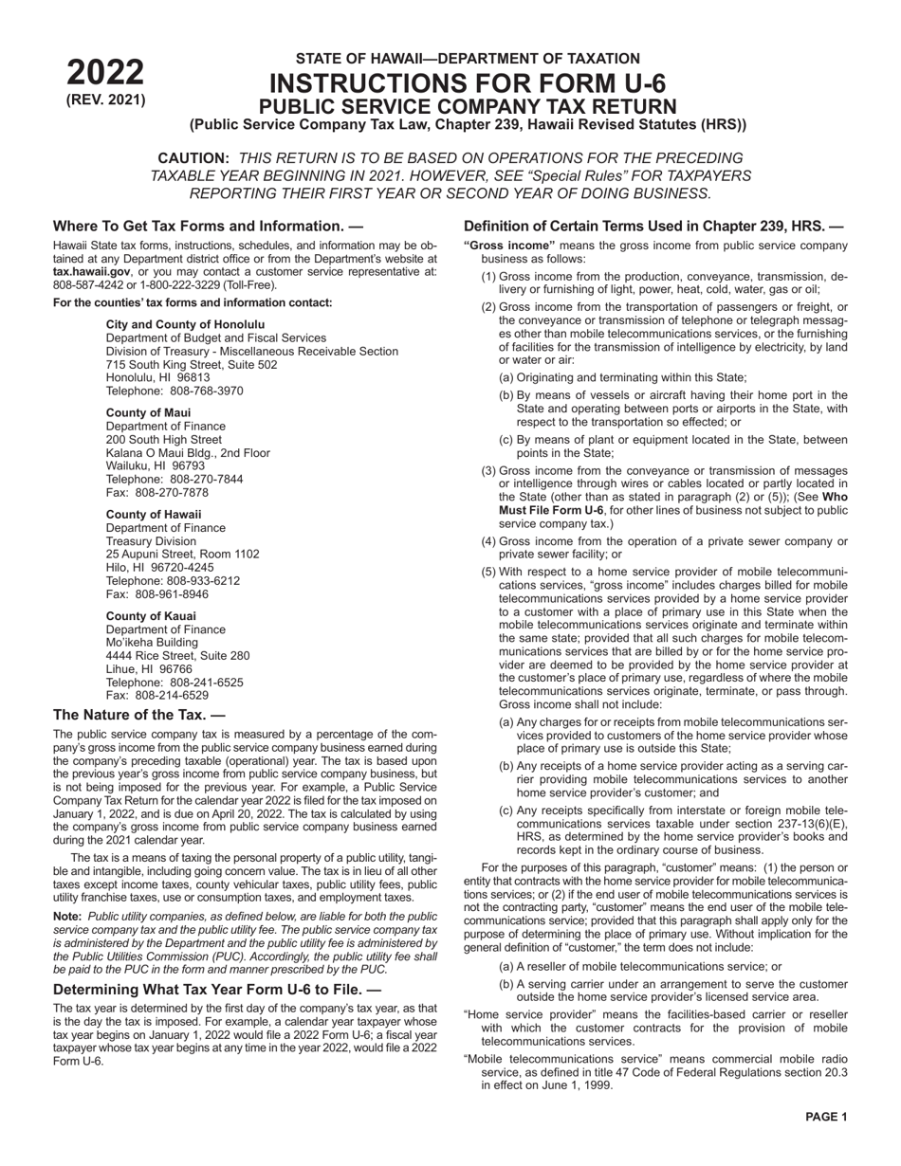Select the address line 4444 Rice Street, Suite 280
(177, 656)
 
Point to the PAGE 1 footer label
(826, 1118)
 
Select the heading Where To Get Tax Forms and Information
(208, 227)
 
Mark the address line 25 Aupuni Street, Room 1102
(182, 555)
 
